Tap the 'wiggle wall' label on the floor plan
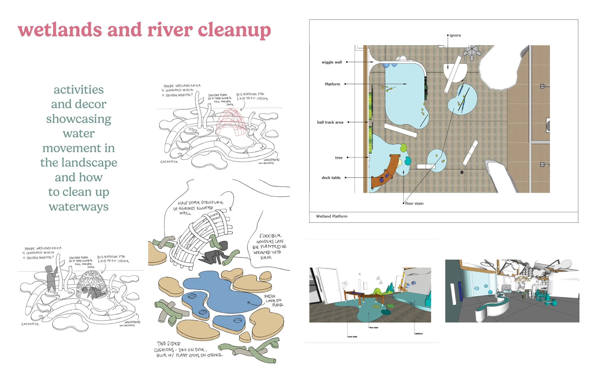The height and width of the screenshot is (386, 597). [332, 62]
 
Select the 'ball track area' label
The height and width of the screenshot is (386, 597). [330, 122]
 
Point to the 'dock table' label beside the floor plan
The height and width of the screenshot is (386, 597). [331, 178]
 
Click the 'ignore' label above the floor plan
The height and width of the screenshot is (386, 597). [455, 35]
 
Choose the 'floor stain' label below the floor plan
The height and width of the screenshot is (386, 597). [414, 203]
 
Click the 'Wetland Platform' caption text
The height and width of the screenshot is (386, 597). [332, 216]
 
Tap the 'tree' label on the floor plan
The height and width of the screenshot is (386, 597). [339, 158]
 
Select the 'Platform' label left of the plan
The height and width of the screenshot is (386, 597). [332, 84]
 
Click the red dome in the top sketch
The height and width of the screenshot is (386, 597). [229, 123]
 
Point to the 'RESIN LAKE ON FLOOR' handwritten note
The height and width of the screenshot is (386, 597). [273, 301]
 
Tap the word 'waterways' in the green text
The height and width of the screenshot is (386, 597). [79, 207]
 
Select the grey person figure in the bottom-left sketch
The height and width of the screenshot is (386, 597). [51, 278]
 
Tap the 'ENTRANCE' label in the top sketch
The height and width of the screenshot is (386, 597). [169, 162]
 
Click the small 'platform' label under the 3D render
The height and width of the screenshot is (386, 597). [419, 334]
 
